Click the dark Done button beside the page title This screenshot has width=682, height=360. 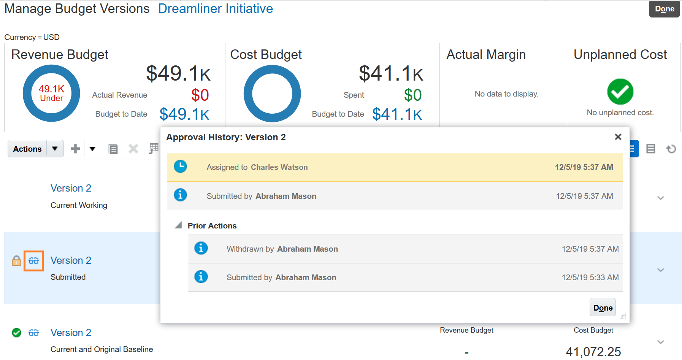664,9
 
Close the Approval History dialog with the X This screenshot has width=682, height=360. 618,137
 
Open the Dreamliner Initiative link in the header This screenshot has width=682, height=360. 215,9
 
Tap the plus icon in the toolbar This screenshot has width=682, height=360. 75,149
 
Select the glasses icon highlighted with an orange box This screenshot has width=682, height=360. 33,261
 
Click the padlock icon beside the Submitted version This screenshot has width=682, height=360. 16,261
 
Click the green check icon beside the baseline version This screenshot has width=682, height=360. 16,333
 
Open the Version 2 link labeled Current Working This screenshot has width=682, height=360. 71,188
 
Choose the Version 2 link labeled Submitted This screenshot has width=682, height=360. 71,260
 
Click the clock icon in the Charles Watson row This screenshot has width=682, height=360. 180,167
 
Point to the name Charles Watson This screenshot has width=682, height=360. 279,167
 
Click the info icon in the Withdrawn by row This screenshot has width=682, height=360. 201,248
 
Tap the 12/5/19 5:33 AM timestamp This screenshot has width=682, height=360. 590,278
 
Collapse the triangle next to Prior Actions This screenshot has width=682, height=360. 178,225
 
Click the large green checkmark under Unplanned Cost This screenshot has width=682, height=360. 620,92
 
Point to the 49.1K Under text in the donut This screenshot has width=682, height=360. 51,94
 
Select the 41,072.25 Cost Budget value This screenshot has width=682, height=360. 593,352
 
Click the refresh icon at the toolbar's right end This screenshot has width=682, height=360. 671,149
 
